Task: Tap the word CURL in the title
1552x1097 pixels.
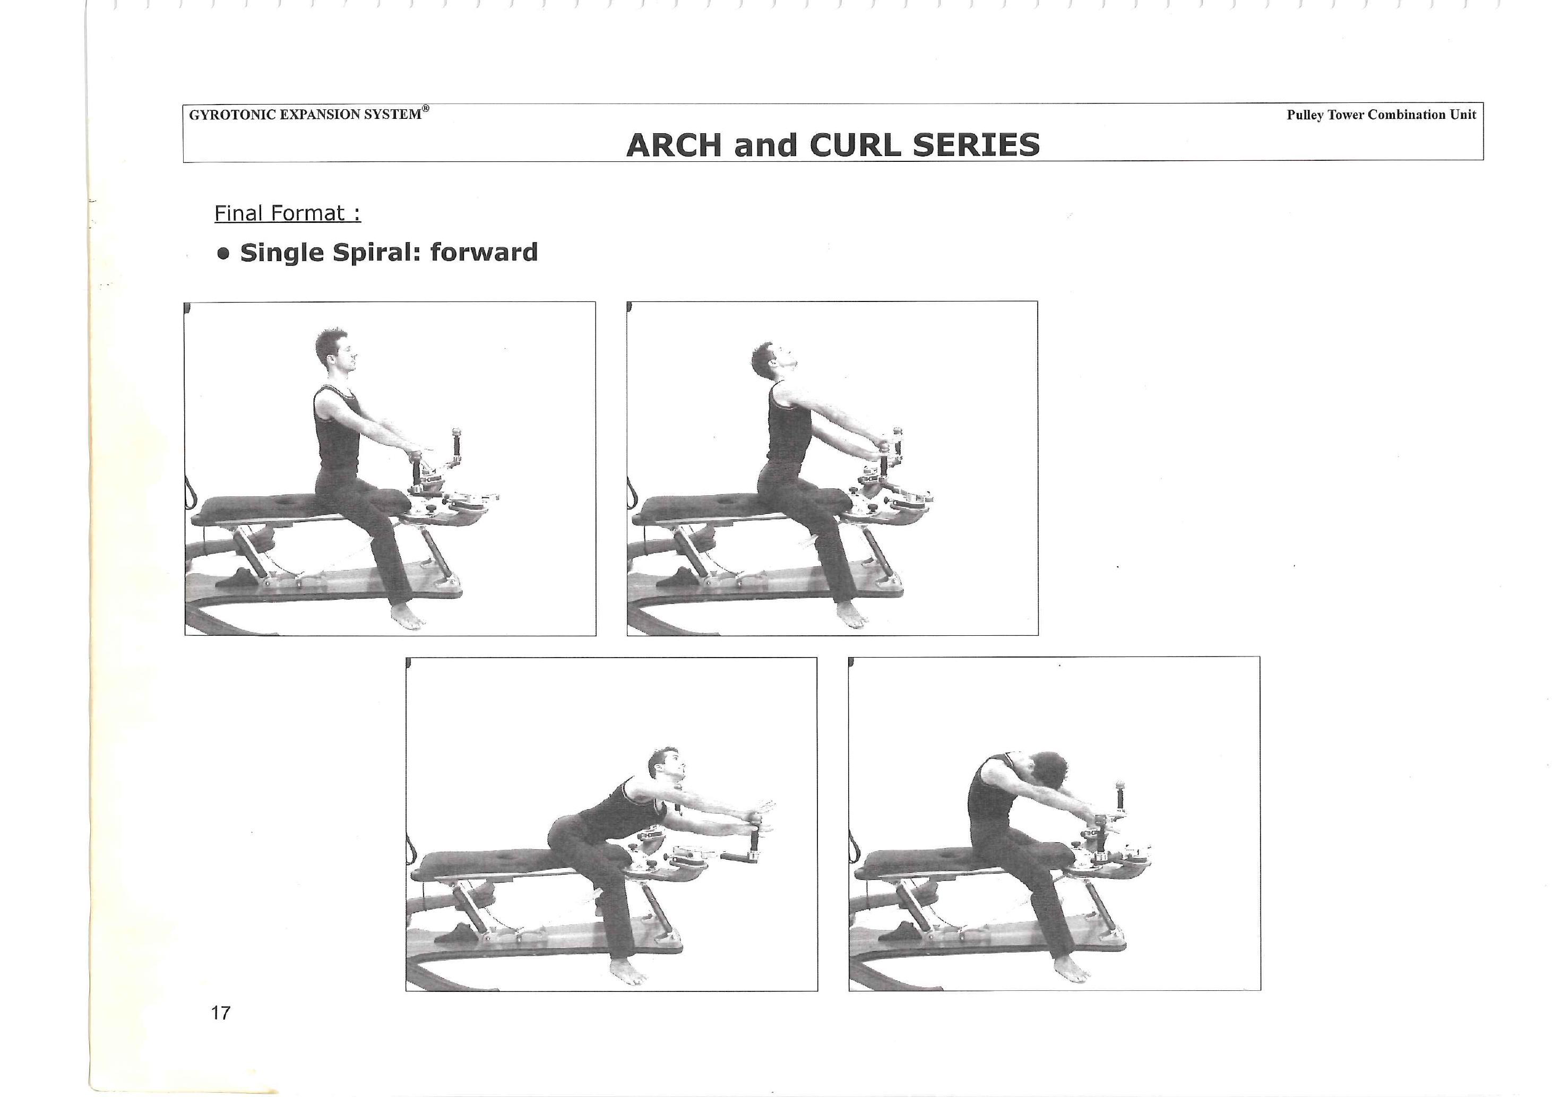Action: (855, 145)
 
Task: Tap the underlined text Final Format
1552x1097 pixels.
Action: (287, 213)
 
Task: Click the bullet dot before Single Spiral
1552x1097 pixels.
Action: (224, 254)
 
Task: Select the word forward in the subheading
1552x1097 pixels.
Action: (484, 252)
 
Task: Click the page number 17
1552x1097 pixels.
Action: (221, 1013)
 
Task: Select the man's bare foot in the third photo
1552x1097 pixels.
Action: (628, 971)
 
